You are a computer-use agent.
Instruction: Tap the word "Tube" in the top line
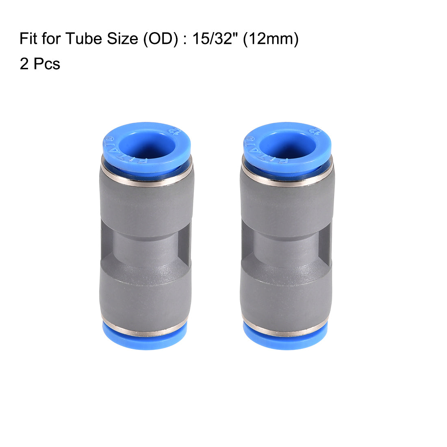pos(80,39)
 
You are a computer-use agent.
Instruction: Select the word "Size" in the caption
pos(115,39)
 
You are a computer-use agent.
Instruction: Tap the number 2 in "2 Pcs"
pos(24,64)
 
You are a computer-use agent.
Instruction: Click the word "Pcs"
pos(47,64)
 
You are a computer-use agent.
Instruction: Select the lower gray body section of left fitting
pos(145,293)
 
